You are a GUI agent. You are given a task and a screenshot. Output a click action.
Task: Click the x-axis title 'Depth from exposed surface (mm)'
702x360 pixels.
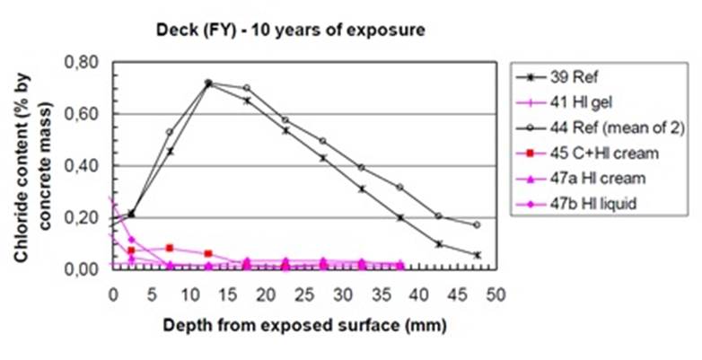point(303,324)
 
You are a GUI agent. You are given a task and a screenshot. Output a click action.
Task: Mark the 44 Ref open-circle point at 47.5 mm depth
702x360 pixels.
point(477,224)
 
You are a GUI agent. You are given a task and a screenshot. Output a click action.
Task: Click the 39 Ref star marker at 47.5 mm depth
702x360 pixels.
point(477,255)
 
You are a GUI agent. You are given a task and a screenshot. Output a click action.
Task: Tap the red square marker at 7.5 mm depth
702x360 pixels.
point(170,248)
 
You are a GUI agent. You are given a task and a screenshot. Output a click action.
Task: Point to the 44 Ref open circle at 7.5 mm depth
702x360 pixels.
point(170,132)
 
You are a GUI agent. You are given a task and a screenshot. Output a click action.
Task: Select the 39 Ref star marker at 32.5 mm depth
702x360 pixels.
point(362,189)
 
